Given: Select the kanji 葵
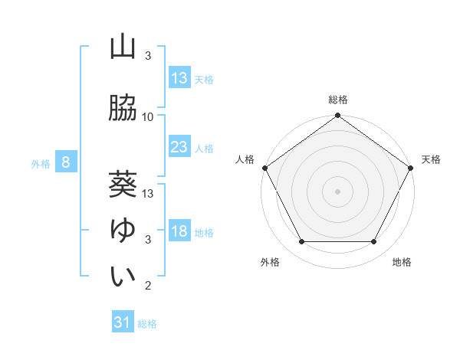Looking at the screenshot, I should [123, 183].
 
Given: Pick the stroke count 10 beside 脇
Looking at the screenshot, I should [148, 116].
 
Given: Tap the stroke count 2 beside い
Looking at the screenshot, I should [147, 286].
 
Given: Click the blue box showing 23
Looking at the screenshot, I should [179, 147].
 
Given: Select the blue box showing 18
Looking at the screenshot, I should [179, 232].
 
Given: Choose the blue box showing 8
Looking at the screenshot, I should [67, 162].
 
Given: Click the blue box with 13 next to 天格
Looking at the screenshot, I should [179, 78].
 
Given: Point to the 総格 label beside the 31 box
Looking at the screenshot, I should [147, 324].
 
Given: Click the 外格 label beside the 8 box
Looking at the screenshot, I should [41, 163].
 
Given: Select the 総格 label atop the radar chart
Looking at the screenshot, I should [337, 100].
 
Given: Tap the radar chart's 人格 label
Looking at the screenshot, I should [245, 159].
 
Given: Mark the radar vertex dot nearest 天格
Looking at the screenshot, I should [412, 168].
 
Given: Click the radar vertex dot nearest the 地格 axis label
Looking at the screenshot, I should [374, 242].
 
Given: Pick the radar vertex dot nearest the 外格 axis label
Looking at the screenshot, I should [301, 242].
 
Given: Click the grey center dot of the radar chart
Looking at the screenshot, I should [337, 191].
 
